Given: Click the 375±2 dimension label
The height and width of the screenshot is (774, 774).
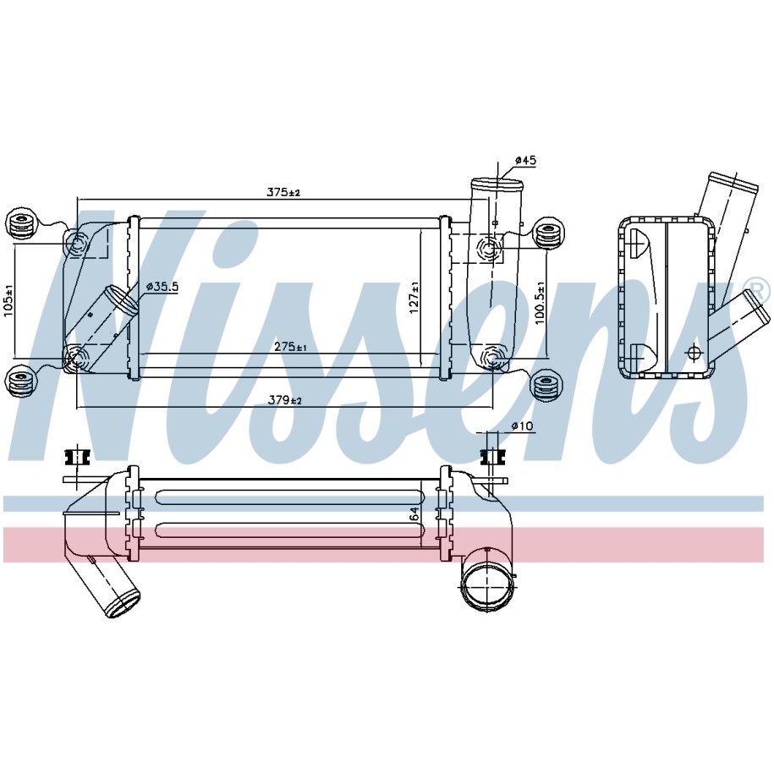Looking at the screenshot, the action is click(284, 192).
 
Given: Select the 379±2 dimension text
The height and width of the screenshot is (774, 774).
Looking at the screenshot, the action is click(285, 400).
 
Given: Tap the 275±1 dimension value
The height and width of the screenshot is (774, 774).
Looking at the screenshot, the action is click(290, 347).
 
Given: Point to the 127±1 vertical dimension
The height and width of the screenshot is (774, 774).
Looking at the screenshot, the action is click(414, 297).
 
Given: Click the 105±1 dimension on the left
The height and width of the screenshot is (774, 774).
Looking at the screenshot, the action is click(8, 299).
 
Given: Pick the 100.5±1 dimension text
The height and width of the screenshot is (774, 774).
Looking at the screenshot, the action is click(540, 303).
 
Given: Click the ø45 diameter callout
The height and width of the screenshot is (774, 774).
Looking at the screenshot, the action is click(525, 161).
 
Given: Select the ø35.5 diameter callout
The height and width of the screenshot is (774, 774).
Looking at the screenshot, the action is click(162, 286).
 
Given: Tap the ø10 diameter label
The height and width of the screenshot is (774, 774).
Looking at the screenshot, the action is click(523, 425).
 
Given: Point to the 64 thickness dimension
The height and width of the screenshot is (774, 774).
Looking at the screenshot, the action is click(414, 513).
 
